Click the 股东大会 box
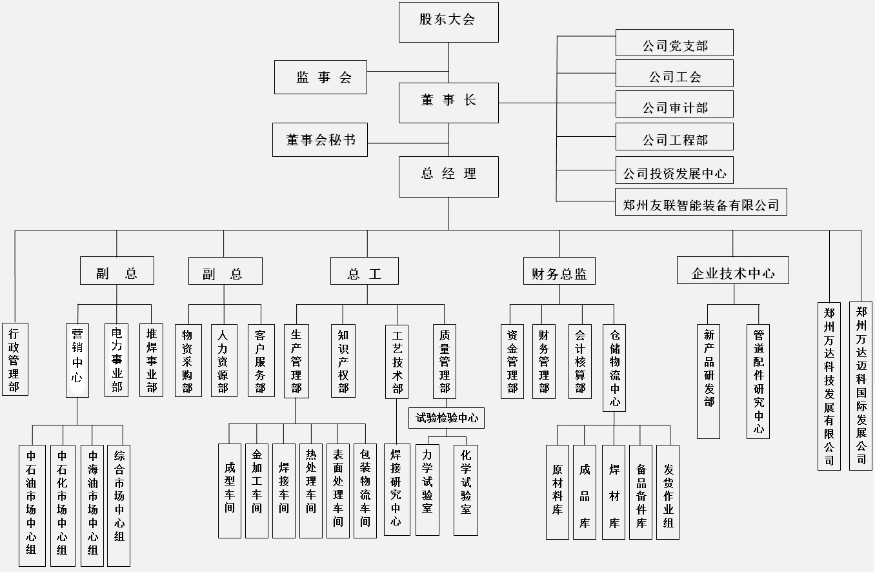(x=448, y=21)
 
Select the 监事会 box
(x=320, y=77)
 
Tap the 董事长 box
(x=448, y=102)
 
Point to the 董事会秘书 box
(x=319, y=139)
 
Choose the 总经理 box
(x=448, y=176)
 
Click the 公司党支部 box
(x=674, y=43)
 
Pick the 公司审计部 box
(x=674, y=105)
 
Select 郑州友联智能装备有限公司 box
(x=701, y=202)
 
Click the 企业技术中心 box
(x=732, y=271)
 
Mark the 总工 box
(x=364, y=271)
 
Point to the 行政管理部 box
(x=14, y=359)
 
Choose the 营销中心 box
(x=77, y=360)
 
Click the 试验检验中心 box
(x=447, y=418)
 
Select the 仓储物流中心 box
(x=614, y=367)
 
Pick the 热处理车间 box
(x=311, y=491)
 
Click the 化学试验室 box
(x=465, y=490)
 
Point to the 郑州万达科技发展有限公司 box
(x=829, y=385)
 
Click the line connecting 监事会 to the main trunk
(x=407, y=70)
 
